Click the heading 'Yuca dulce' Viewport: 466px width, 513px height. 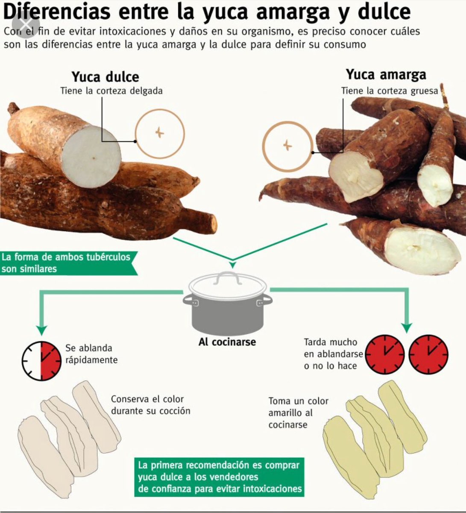click(x=105, y=77)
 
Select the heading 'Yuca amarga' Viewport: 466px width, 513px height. click(x=386, y=74)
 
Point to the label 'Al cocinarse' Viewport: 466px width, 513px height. click(x=227, y=342)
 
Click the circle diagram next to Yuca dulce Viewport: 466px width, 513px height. click(x=160, y=133)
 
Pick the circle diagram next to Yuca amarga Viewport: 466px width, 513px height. click(x=287, y=146)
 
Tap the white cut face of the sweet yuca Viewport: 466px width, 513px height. click(x=91, y=156)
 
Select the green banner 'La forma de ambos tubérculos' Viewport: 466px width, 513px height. click(x=66, y=262)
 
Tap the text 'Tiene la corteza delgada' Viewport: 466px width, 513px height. click(x=111, y=91)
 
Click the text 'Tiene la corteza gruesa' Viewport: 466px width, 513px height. click(x=390, y=91)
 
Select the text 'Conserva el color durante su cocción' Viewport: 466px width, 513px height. click(x=150, y=405)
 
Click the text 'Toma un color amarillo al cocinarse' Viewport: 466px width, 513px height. click(x=298, y=413)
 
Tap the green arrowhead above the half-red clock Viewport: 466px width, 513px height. click(x=41, y=330)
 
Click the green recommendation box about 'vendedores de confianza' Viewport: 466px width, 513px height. click(x=220, y=477)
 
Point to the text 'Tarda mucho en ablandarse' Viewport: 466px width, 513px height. click(x=333, y=354)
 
